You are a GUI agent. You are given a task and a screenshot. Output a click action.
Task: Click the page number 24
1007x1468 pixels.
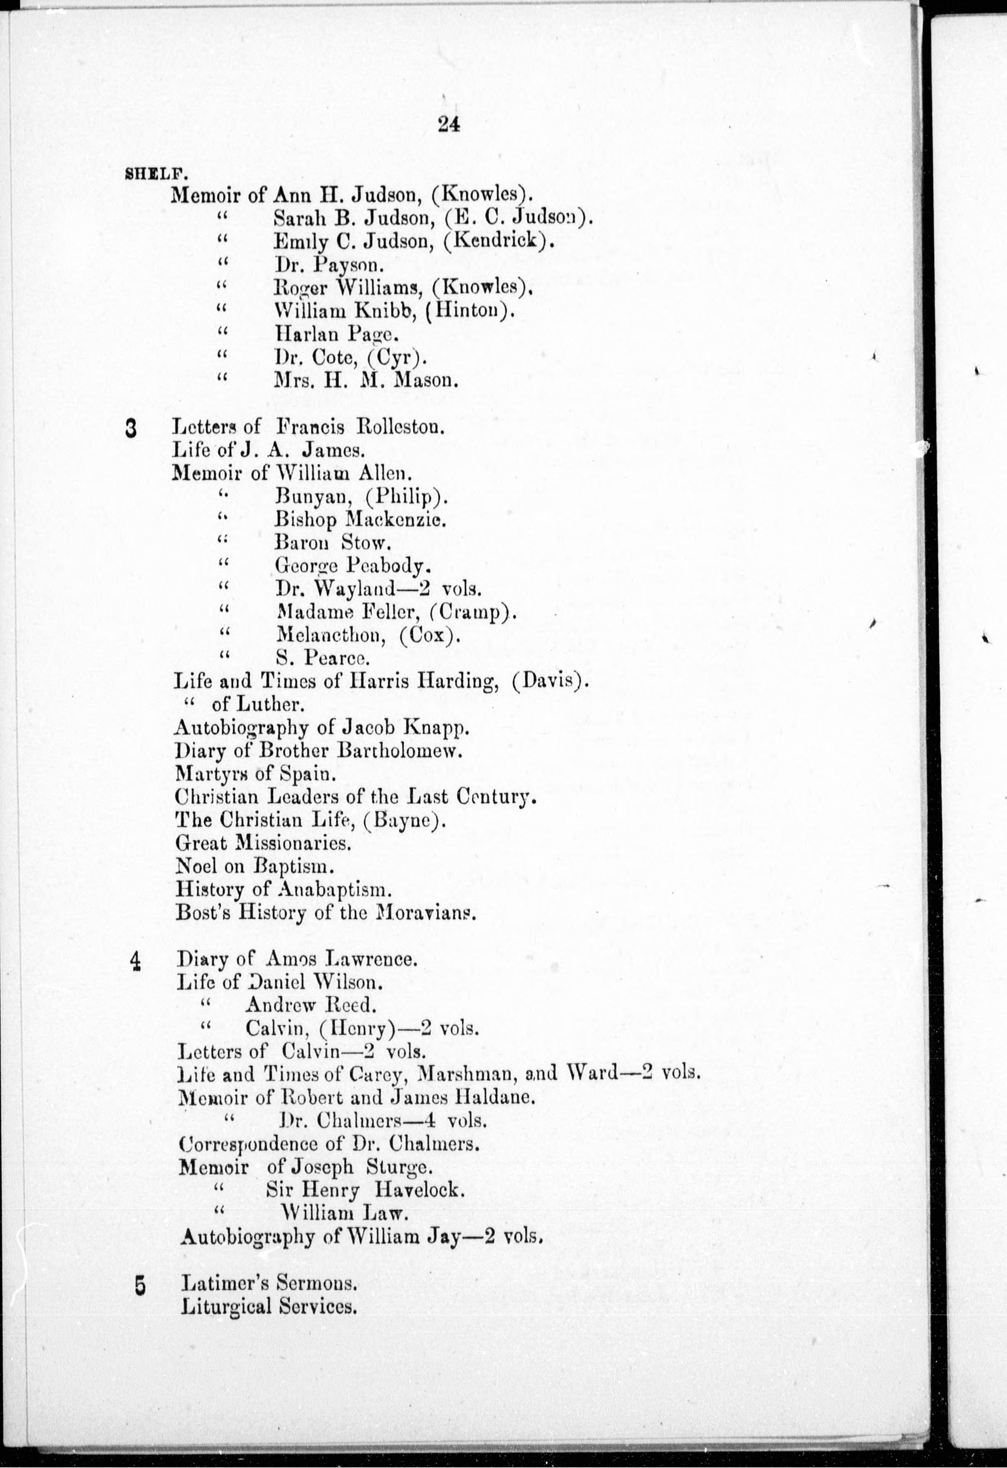point(448,125)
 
